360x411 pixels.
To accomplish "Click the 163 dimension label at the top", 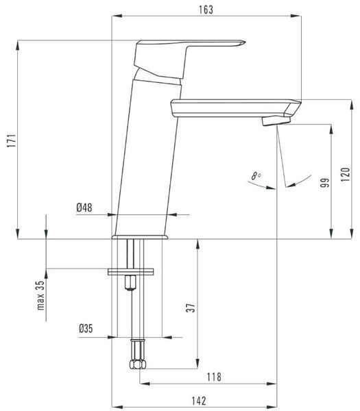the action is (206, 10).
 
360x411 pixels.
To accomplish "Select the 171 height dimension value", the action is (12, 140).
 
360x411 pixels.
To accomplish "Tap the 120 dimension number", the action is (346, 174).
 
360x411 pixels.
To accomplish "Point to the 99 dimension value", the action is (325, 182).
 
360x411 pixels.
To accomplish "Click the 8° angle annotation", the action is (256, 175).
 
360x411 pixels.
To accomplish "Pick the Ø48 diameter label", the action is (84, 208).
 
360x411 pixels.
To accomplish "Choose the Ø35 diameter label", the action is (86, 328).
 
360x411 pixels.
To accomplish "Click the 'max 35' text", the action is (40, 296).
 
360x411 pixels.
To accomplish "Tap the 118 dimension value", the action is (214, 377).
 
